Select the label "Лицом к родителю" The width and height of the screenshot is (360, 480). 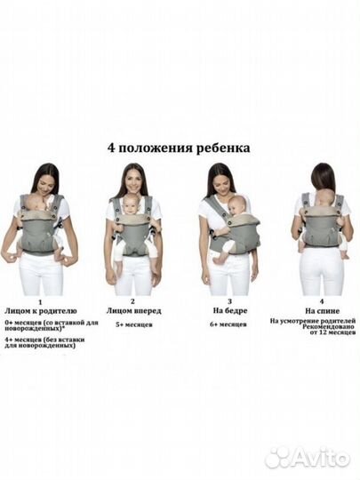(40, 312)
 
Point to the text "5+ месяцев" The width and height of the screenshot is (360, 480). (132, 326)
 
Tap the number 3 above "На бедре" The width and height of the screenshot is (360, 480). (219, 302)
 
